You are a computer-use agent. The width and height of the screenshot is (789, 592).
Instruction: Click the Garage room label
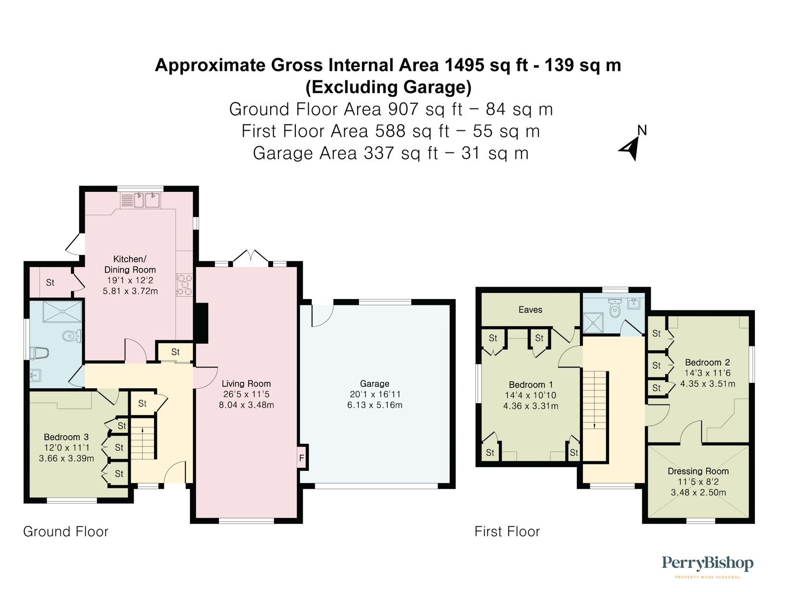(374, 383)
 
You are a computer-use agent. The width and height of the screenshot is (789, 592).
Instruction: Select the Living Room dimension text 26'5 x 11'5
(246, 394)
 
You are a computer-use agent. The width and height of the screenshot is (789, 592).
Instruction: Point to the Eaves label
(530, 310)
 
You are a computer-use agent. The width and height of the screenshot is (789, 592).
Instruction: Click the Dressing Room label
(698, 471)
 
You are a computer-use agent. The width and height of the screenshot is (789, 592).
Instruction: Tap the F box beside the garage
(301, 459)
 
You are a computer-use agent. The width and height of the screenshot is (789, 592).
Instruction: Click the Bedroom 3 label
(66, 437)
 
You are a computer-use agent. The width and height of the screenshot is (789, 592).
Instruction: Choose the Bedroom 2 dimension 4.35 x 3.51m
(707, 384)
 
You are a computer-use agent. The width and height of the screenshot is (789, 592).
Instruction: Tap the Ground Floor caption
(66, 531)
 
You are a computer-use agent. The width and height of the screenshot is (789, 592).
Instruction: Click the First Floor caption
(507, 531)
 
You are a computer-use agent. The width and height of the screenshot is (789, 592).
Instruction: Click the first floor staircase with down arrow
(594, 400)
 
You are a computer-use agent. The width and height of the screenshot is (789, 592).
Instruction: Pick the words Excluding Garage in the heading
(388, 87)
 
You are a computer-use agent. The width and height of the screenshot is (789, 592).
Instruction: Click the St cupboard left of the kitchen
(50, 283)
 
